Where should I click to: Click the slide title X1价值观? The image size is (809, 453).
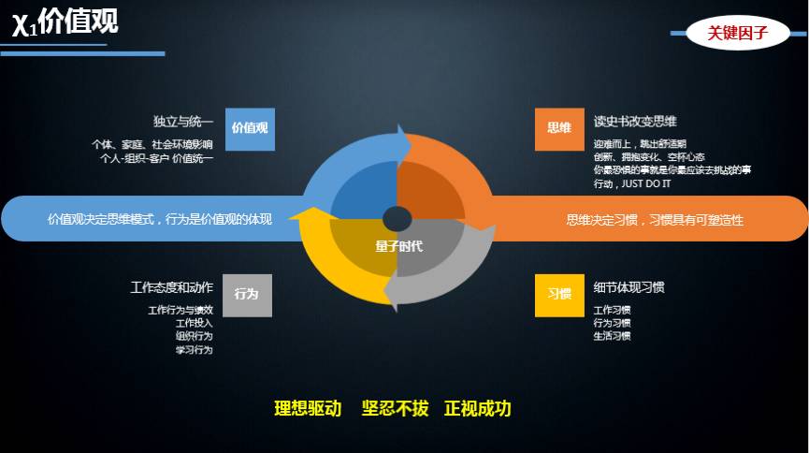pyautogui.click(x=65, y=22)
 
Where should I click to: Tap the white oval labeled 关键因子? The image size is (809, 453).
pyautogui.click(x=738, y=33)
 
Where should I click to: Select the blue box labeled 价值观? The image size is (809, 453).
pyautogui.click(x=251, y=129)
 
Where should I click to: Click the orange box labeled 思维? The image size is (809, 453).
pyautogui.click(x=559, y=129)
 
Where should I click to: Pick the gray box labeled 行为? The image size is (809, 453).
pyautogui.click(x=247, y=296)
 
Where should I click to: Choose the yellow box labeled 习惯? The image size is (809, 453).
pyautogui.click(x=559, y=296)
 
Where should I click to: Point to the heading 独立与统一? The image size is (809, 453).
pyautogui.click(x=183, y=122)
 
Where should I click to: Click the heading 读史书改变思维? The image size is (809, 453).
pyautogui.click(x=635, y=122)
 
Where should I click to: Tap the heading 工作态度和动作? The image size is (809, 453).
pyautogui.click(x=172, y=287)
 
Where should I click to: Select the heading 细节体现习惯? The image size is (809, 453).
pyautogui.click(x=628, y=287)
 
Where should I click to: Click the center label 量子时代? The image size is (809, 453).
pyautogui.click(x=398, y=246)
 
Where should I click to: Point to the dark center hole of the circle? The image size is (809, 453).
pyautogui.click(x=397, y=218)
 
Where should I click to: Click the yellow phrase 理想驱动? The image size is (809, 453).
pyautogui.click(x=308, y=409)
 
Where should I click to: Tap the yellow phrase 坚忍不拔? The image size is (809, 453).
pyautogui.click(x=396, y=409)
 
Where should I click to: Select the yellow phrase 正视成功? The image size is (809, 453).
pyautogui.click(x=478, y=409)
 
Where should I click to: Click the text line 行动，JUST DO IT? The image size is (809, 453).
pyautogui.click(x=632, y=183)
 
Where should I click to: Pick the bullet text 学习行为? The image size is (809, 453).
pyautogui.click(x=194, y=350)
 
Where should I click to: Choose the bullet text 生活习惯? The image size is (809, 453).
pyautogui.click(x=612, y=336)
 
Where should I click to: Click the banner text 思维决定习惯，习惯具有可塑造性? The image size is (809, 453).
pyautogui.click(x=656, y=220)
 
